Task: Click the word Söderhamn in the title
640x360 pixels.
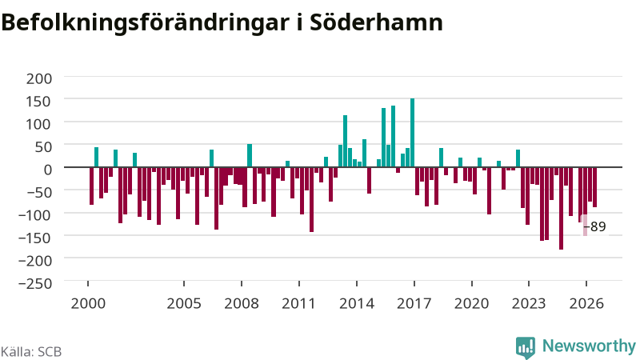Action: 376,22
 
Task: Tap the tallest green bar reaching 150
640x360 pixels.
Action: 412,133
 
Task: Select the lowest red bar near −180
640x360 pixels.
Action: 562,208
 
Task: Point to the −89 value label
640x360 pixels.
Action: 594,226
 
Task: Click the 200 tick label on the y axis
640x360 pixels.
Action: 39,78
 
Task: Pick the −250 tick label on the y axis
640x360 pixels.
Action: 35,283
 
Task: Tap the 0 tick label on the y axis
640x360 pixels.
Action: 48,170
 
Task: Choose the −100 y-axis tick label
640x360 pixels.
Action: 35,214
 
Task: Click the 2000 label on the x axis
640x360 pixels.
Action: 88,304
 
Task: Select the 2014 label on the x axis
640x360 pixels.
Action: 357,304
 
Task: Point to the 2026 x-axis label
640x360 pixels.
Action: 586,304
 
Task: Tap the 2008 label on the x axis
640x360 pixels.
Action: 242,304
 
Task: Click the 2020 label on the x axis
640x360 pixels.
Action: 472,304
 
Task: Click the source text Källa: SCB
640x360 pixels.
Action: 31,352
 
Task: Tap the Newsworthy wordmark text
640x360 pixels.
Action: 589,346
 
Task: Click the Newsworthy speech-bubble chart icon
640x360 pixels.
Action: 526,348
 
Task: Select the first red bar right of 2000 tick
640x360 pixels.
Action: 92,186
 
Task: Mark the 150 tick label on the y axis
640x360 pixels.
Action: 39,102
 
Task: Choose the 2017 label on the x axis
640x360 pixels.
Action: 414,304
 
